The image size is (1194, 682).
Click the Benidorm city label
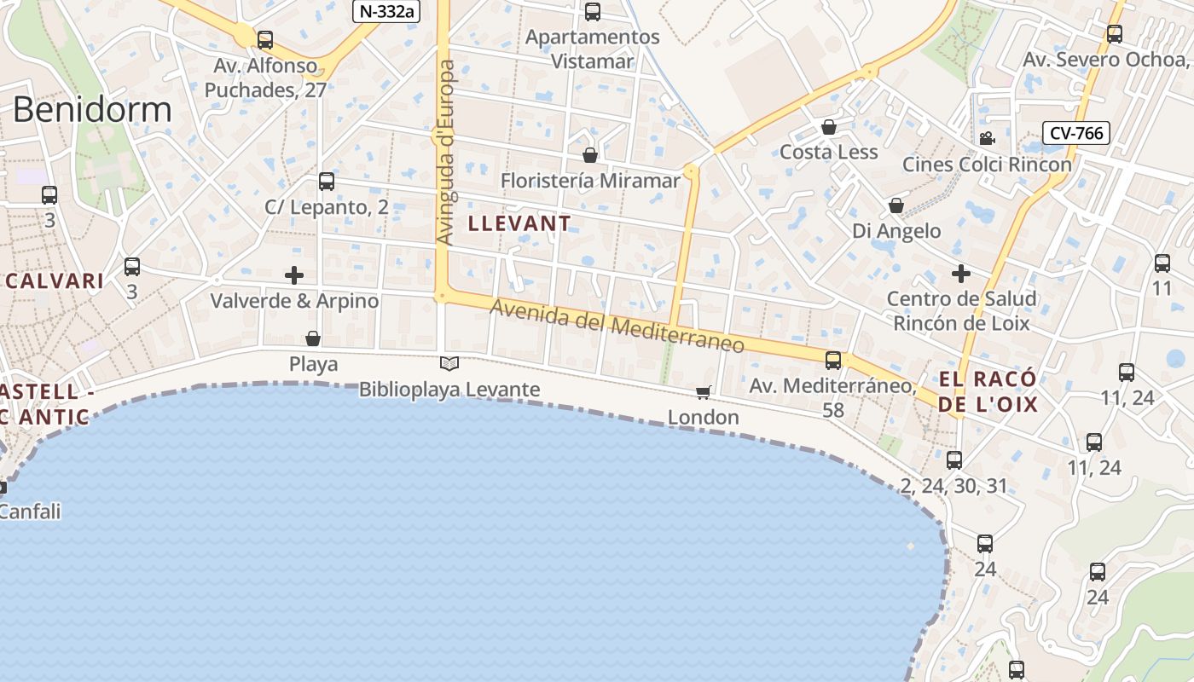pyautogui.click(x=92, y=110)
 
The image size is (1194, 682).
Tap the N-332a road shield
pyautogui.click(x=386, y=11)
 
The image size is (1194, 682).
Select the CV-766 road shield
pyautogui.click(x=1075, y=133)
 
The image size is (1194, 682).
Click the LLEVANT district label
pyautogui.click(x=519, y=223)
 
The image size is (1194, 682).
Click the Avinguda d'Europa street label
pyautogui.click(x=446, y=153)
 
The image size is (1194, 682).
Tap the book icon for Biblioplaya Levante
pyautogui.click(x=449, y=364)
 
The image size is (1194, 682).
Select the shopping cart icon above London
pyautogui.click(x=704, y=392)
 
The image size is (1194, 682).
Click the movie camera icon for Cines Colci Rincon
pyautogui.click(x=987, y=139)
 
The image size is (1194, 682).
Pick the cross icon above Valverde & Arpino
pyautogui.click(x=294, y=275)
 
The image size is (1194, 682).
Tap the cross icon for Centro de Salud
pyautogui.click(x=961, y=274)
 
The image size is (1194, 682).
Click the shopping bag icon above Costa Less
pyautogui.click(x=828, y=128)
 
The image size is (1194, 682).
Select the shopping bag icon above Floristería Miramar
pyautogui.click(x=589, y=155)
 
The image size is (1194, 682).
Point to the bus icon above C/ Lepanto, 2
pyautogui.click(x=327, y=182)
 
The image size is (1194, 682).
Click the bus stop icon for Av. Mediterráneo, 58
pyautogui.click(x=833, y=361)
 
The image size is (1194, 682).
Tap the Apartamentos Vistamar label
pyautogui.click(x=593, y=49)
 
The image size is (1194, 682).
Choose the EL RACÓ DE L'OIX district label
pyautogui.click(x=988, y=391)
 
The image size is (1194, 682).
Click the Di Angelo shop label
pyautogui.click(x=896, y=231)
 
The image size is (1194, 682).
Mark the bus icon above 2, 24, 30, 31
pyautogui.click(x=954, y=460)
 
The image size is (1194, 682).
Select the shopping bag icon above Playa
pyautogui.click(x=313, y=338)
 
